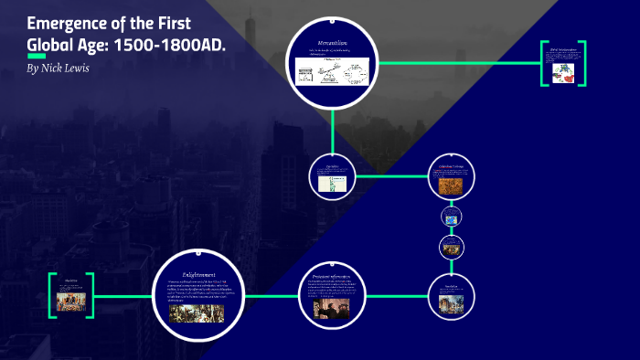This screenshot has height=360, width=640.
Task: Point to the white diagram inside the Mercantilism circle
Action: point(332,69)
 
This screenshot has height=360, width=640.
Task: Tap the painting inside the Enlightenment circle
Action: point(197,313)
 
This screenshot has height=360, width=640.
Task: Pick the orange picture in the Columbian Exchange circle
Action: point(451,185)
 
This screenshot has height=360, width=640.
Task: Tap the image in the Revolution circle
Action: point(451,302)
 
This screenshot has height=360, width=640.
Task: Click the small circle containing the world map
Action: point(452,216)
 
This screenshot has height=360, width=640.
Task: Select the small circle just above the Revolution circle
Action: point(452,246)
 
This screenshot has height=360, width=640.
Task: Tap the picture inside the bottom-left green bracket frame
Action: point(70,301)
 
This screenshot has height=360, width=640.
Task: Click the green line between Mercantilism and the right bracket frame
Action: point(456,63)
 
